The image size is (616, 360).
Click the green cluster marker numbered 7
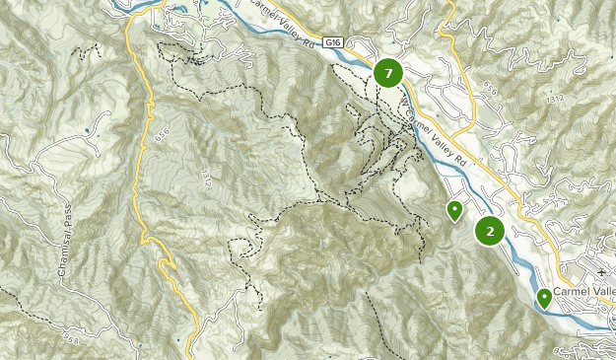click(x=388, y=73)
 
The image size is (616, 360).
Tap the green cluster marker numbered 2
click(x=490, y=231)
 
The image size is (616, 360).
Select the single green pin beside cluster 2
click(x=454, y=210)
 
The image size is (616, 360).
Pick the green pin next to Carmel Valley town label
click(x=544, y=297)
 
